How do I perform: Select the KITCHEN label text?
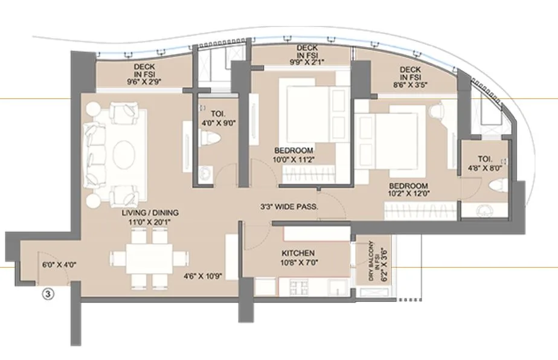click(x=298, y=253)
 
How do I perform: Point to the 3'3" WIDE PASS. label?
click(x=289, y=207)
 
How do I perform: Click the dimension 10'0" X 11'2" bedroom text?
click(x=293, y=159)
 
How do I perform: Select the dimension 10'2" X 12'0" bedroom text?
click(x=408, y=194)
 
